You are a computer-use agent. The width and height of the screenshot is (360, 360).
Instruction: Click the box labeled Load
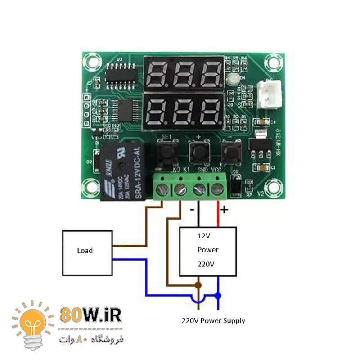(x=87, y=252)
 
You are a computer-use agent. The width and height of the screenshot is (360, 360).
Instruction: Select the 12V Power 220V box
(x=208, y=251)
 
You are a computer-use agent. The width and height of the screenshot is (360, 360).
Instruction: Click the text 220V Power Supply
(x=213, y=321)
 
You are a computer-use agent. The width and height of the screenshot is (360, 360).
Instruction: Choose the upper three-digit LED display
(x=183, y=73)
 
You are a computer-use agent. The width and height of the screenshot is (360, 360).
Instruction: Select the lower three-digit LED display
(x=183, y=110)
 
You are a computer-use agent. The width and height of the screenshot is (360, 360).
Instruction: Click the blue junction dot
(x=218, y=296)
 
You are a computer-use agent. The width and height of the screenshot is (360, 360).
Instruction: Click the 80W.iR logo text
(x=90, y=315)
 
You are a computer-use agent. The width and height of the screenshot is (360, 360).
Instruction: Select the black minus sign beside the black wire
(x=192, y=210)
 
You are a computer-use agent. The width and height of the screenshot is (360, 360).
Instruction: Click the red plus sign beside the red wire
(x=224, y=210)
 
